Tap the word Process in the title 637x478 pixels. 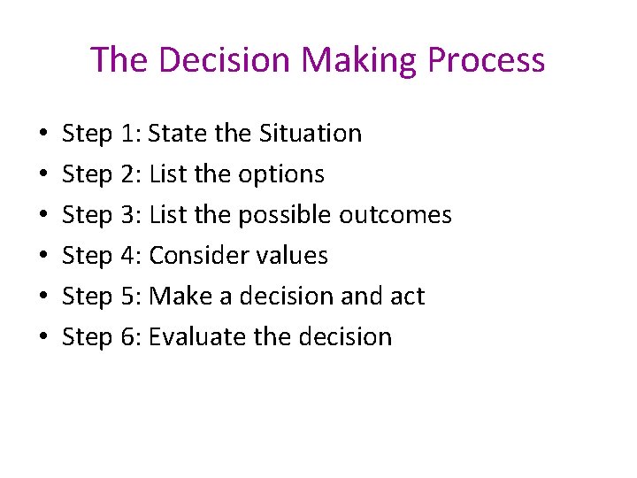coord(486,60)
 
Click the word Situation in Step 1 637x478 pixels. coord(311,134)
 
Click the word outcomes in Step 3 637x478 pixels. coord(406,215)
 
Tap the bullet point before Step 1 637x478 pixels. coord(44,135)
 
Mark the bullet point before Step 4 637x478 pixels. coord(44,257)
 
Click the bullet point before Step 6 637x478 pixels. coord(44,338)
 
